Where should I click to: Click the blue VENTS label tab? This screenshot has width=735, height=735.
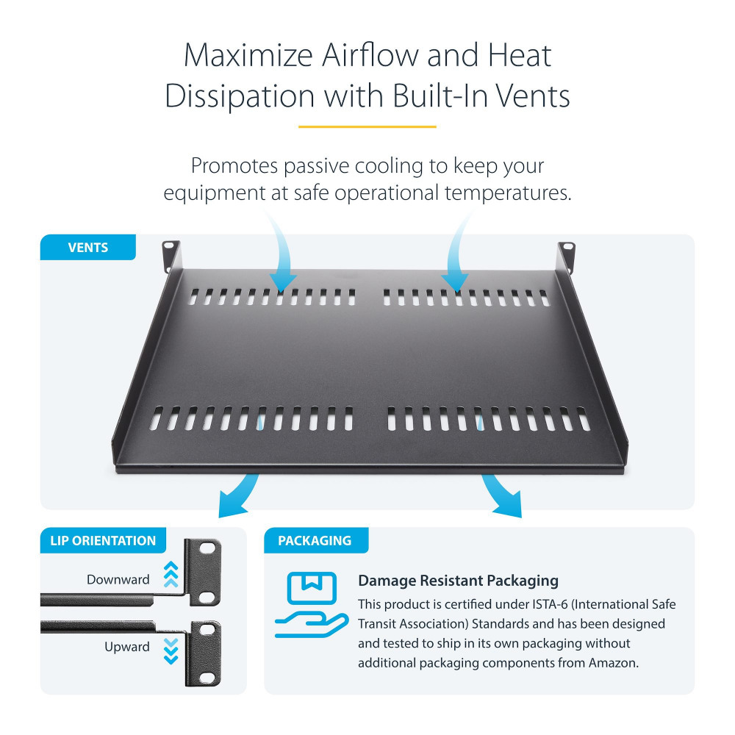pyautogui.click(x=88, y=247)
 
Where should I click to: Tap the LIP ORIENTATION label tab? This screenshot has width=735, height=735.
pyautogui.click(x=103, y=540)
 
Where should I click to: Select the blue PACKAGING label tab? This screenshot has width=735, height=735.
pyautogui.click(x=316, y=540)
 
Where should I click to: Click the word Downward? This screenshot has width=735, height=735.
pyautogui.click(x=118, y=579)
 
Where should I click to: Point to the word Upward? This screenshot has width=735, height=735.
pyautogui.click(x=127, y=647)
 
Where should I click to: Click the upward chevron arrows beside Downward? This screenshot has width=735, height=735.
pyautogui.click(x=171, y=574)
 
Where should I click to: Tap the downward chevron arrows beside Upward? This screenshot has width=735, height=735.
pyautogui.click(x=171, y=651)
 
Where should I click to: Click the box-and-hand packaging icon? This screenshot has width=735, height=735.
pyautogui.click(x=312, y=605)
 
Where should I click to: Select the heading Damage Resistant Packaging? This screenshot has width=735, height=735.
pyautogui.click(x=458, y=581)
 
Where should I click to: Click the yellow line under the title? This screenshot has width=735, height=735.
pyautogui.click(x=367, y=126)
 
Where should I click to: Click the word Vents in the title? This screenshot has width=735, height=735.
pyautogui.click(x=532, y=96)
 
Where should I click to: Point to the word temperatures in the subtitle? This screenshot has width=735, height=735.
pyautogui.click(x=508, y=193)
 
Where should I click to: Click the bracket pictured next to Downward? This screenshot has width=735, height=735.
pyautogui.click(x=204, y=572)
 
